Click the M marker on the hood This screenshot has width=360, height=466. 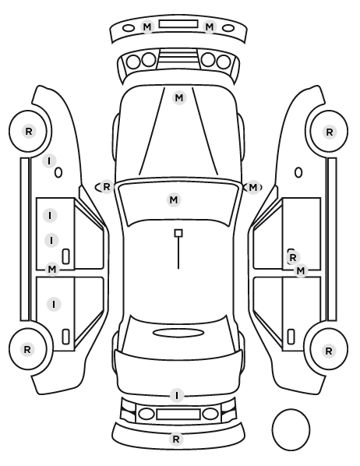179,97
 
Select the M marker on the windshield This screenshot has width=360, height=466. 174,199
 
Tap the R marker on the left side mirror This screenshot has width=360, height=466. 107,187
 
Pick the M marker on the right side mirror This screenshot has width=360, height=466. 252,188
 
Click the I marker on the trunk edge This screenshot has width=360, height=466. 177,396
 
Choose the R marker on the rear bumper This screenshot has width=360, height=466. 176,439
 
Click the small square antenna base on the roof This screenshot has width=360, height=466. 178,233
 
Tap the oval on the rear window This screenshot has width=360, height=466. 178,334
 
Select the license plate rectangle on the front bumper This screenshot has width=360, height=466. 178,24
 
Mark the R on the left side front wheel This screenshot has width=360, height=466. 29,131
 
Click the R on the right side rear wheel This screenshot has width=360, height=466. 329,351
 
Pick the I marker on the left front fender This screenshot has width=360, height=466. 49,161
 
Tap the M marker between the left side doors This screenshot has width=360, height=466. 52,270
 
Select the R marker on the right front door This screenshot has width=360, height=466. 293,258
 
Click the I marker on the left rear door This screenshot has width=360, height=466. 54,305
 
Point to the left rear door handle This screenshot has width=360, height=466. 65,337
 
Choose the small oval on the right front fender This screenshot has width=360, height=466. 298,173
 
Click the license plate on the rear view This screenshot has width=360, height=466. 178,415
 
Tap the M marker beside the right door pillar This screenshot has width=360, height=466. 301,270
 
